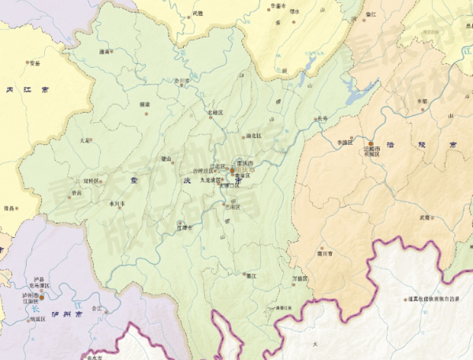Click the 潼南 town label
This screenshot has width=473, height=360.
click(104, 51)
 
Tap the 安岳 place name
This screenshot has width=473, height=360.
click(34, 62)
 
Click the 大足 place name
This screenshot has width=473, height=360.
click(84, 140)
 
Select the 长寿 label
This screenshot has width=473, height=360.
click(322, 119)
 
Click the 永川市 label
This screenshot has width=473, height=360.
click(116, 203)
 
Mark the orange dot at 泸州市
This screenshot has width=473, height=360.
click(43, 296)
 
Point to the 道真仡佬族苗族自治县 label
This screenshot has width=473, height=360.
click(435, 299)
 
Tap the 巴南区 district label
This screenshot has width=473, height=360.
click(235, 206)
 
